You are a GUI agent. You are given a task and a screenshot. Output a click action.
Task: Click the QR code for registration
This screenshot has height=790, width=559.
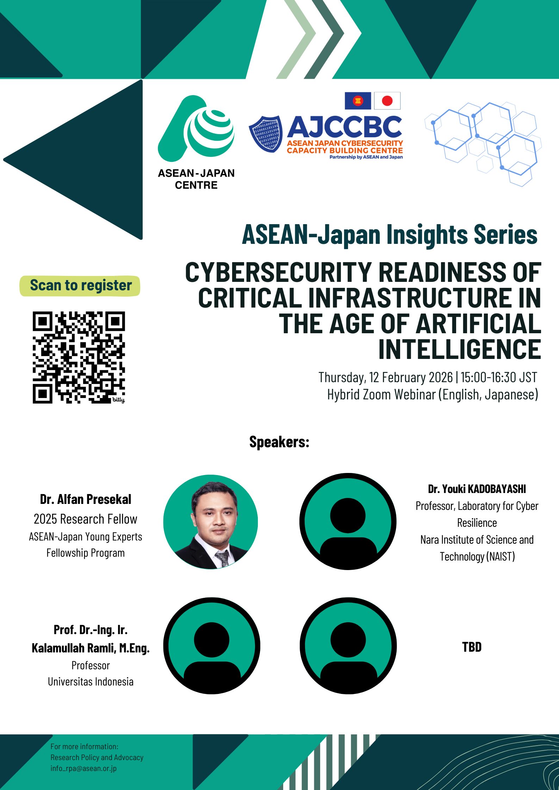[79, 357]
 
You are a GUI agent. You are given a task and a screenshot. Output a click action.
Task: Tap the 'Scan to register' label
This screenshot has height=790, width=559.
[81, 285]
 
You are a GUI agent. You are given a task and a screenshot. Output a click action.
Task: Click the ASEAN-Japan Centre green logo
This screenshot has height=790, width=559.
[196, 128]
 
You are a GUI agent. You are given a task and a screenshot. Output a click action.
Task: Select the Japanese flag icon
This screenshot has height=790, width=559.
[387, 101]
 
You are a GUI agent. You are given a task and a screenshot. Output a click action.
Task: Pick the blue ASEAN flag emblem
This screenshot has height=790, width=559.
[358, 101]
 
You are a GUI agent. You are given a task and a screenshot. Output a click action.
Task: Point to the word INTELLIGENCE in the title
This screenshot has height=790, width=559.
[460, 349]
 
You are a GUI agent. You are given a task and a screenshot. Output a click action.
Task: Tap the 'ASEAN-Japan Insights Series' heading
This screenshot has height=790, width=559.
[390, 234]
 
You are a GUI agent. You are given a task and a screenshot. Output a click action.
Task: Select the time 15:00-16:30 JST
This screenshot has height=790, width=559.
[499, 377]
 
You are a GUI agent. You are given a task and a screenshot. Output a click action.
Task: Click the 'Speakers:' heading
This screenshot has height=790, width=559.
[279, 442]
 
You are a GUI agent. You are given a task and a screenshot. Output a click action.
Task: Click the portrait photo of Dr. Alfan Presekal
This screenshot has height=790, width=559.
[211, 522]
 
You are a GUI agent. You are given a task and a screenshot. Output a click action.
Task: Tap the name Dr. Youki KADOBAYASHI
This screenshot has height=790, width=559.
[477, 489]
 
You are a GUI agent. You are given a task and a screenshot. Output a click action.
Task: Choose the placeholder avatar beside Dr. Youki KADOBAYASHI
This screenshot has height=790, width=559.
[348, 522]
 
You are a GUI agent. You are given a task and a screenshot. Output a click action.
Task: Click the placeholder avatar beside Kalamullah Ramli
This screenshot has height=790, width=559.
[212, 646]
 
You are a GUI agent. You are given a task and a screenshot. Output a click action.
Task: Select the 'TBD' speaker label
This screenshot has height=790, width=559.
[472, 647]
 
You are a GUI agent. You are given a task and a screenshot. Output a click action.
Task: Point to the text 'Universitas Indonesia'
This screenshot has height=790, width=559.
[91, 682]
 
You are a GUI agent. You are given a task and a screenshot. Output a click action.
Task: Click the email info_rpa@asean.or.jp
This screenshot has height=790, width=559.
[83, 768]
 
